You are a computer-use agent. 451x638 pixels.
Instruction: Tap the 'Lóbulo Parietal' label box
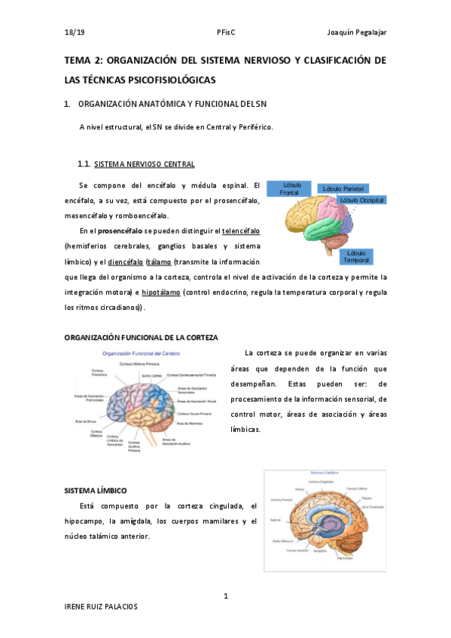(343, 188)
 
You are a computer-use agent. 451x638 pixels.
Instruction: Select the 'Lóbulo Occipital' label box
(361, 200)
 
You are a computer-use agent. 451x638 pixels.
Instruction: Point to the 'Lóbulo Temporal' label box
(358, 257)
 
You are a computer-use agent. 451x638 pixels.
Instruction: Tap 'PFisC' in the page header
(226, 32)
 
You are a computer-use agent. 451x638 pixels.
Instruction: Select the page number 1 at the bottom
(226, 597)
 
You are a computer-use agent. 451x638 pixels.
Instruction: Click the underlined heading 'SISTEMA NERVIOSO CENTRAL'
(150, 164)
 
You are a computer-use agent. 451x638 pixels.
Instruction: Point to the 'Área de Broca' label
(86, 421)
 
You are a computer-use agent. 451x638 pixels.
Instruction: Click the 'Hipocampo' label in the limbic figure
(346, 558)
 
